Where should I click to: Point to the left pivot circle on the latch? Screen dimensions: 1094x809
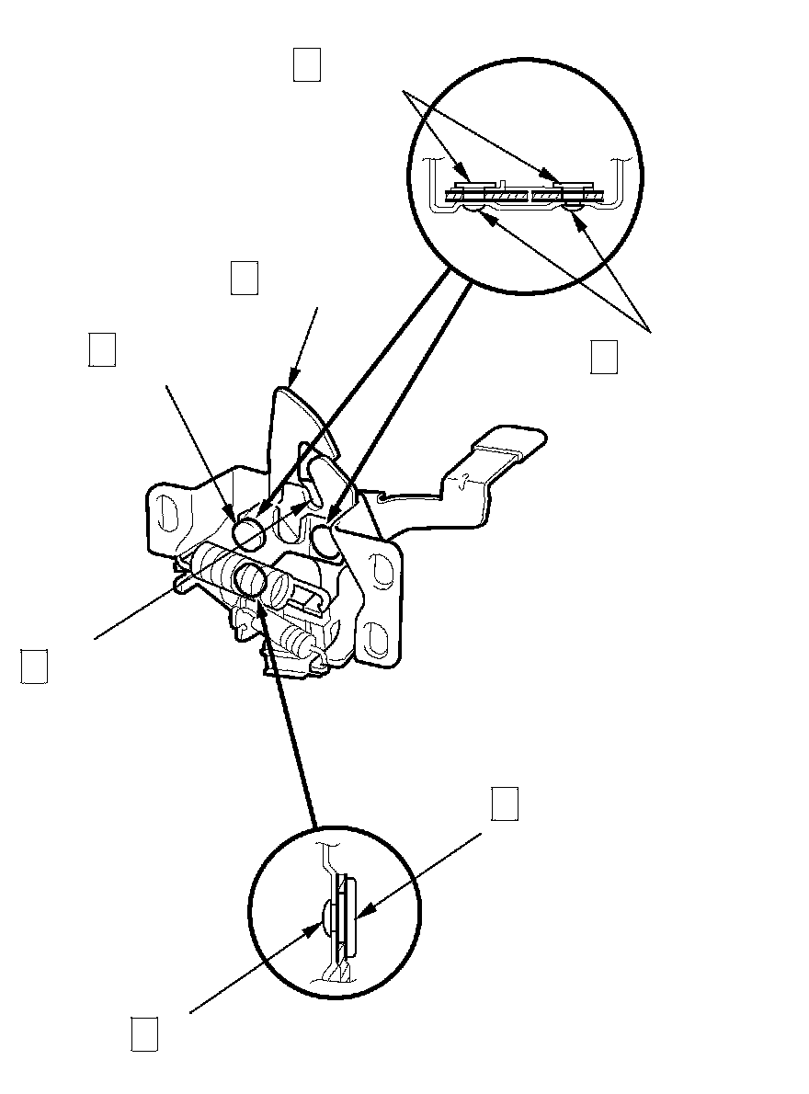point(247,531)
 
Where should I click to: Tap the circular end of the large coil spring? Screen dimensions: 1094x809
point(251,578)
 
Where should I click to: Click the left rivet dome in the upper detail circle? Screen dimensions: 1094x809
point(471,211)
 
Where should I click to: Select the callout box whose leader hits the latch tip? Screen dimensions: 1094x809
point(244,279)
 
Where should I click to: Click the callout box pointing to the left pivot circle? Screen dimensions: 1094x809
point(101,350)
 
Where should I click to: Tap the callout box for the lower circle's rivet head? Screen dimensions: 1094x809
point(142,1032)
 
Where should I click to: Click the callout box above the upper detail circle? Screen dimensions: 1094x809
point(306,65)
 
